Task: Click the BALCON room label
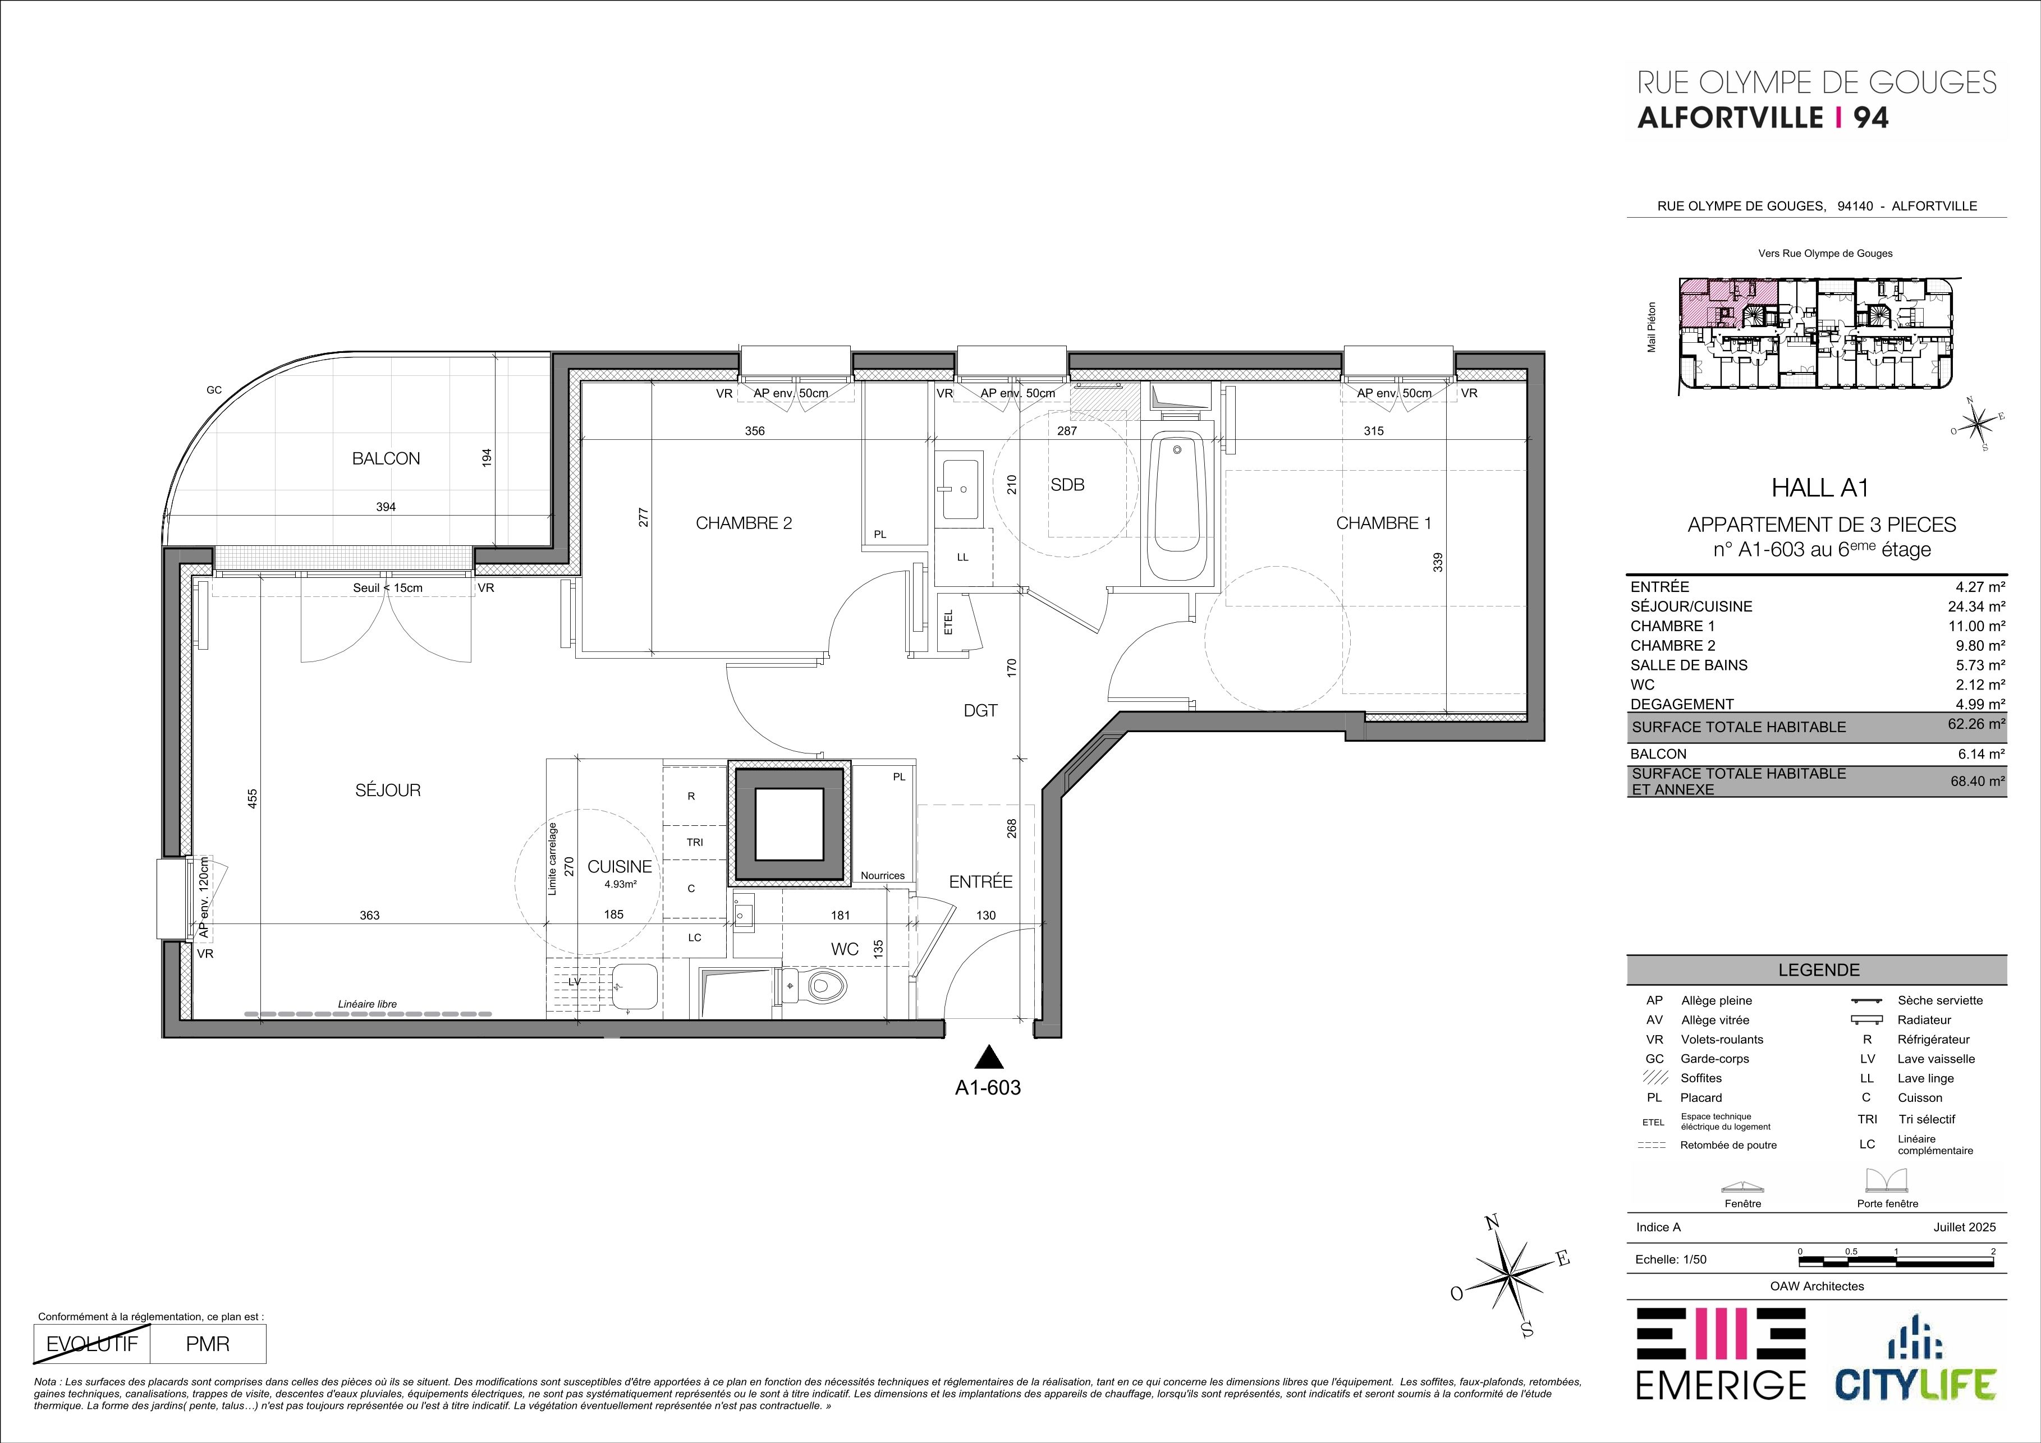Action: click(x=386, y=458)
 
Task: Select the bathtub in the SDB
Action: click(x=1178, y=507)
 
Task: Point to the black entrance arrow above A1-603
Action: click(x=988, y=1058)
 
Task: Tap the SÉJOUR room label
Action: click(x=388, y=790)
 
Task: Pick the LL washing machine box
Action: click(x=963, y=557)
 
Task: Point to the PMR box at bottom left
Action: click(x=208, y=1344)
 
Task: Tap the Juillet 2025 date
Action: click(x=1965, y=1227)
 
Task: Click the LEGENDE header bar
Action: click(x=1817, y=969)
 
